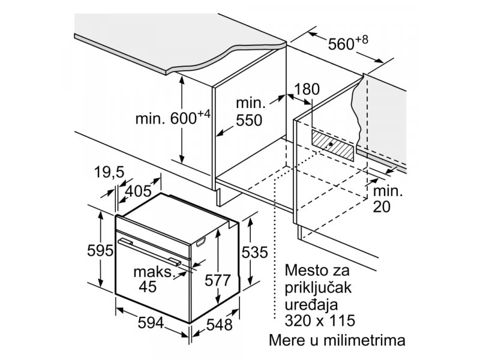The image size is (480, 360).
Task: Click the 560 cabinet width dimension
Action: (348, 43)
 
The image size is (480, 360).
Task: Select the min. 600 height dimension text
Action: (173, 118)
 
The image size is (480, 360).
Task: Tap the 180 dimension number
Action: (307, 89)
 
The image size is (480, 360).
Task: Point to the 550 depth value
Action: (249, 121)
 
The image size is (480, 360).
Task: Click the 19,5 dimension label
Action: (109, 172)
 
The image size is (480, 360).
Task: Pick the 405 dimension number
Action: (139, 191)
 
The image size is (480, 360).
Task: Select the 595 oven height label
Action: (100, 251)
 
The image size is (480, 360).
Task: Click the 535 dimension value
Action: (254, 253)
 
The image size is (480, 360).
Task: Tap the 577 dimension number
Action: (217, 280)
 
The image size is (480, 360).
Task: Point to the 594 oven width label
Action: (151, 323)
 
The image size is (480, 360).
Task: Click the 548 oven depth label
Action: (220, 325)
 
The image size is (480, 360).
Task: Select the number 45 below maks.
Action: (148, 287)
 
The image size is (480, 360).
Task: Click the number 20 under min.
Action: (382, 206)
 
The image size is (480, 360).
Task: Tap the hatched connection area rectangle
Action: (332, 145)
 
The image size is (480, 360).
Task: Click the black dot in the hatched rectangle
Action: (331, 144)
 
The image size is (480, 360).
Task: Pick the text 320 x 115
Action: (320, 320)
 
